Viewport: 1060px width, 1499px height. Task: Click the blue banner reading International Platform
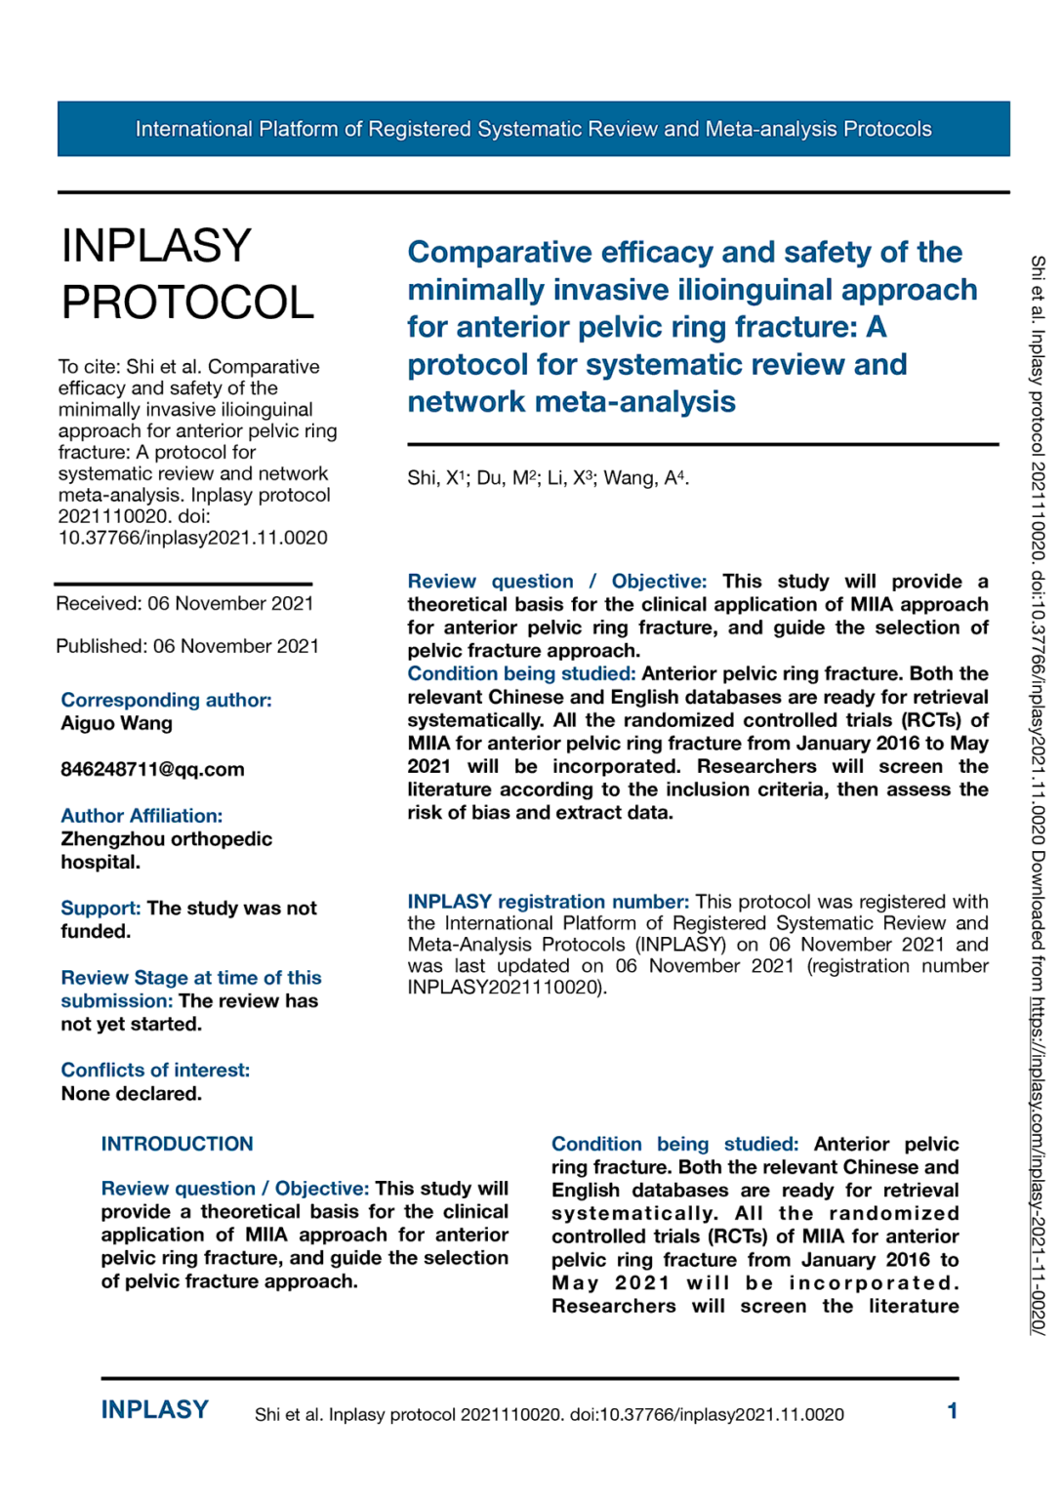coord(533,129)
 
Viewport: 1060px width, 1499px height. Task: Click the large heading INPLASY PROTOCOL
coord(187,273)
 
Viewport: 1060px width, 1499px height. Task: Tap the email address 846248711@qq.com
coord(152,769)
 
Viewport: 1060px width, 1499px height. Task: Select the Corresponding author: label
coord(166,700)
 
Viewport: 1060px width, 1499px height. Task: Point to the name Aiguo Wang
coord(116,723)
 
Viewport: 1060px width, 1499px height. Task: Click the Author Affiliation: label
coord(142,816)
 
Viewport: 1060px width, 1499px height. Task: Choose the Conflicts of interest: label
coord(155,1071)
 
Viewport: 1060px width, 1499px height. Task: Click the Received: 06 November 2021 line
coord(184,603)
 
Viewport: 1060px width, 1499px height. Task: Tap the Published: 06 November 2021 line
coord(187,646)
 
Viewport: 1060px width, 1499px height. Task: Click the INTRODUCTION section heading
coord(177,1144)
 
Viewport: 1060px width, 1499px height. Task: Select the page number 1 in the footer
coord(952,1411)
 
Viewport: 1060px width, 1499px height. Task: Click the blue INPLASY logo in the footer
coord(154,1410)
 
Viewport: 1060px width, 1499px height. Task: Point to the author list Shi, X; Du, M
coord(548,478)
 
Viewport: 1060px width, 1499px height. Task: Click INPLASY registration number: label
coord(548,902)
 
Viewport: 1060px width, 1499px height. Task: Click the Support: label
coord(101,909)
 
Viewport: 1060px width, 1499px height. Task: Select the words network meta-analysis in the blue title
coord(571,402)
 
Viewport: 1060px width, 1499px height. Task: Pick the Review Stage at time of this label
coord(190,978)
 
